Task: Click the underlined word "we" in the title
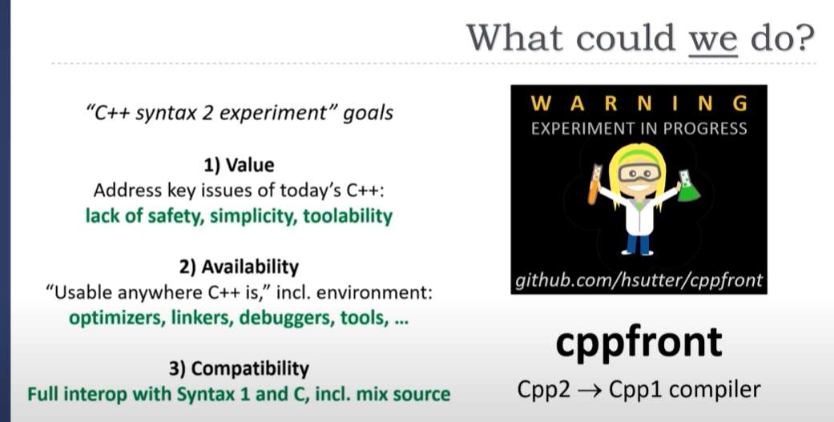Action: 713,38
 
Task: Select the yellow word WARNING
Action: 639,103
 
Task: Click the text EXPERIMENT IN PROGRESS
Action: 639,129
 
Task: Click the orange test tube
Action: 594,184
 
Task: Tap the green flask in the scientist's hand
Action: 687,186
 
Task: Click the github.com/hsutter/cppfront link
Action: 639,279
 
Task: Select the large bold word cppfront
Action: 639,342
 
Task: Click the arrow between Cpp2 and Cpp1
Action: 590,391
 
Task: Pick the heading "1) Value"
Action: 239,165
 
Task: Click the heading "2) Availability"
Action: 239,267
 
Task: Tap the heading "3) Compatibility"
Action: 239,368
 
